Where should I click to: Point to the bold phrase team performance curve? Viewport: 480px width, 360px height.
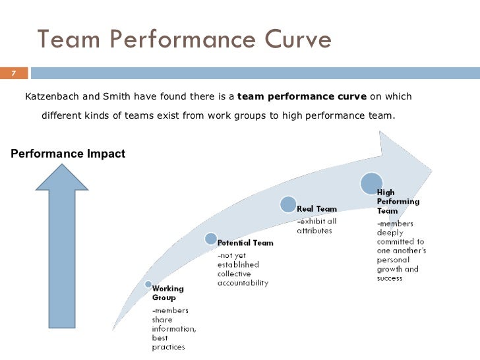click(x=301, y=98)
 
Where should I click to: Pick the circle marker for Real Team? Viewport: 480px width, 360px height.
click(x=287, y=205)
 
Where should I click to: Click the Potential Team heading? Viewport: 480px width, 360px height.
click(x=245, y=243)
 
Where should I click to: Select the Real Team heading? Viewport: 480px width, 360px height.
click(x=317, y=209)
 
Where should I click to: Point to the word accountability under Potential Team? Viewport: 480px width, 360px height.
click(x=243, y=283)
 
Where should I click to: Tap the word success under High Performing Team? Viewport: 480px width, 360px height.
click(x=390, y=278)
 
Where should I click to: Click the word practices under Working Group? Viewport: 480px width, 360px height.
click(x=168, y=347)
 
